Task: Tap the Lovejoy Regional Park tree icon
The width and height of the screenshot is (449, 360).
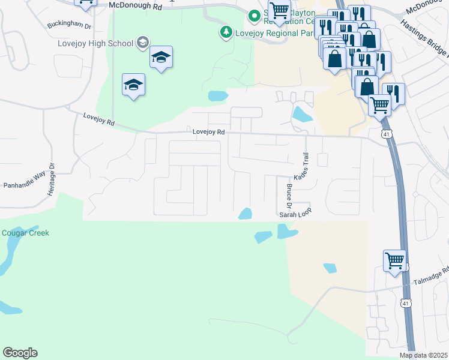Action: click(226, 32)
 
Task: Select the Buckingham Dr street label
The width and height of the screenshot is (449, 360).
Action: click(69, 26)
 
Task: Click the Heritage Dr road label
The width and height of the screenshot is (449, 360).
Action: click(52, 178)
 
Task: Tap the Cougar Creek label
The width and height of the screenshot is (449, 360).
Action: click(25, 233)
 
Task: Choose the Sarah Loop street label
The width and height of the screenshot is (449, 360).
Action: click(295, 214)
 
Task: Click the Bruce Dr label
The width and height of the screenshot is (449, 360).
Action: click(289, 196)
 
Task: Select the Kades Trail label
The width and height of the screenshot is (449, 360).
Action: click(302, 166)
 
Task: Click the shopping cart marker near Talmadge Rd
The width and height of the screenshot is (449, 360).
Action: click(394, 261)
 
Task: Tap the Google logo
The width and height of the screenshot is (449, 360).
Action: click(20, 353)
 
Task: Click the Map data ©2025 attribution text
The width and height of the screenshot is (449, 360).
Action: click(423, 355)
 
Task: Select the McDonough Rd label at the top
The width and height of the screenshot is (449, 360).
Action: click(136, 6)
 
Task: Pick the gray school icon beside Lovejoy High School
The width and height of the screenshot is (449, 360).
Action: click(142, 42)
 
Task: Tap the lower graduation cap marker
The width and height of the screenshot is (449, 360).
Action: click(134, 85)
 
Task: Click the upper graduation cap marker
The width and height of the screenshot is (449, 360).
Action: click(161, 57)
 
